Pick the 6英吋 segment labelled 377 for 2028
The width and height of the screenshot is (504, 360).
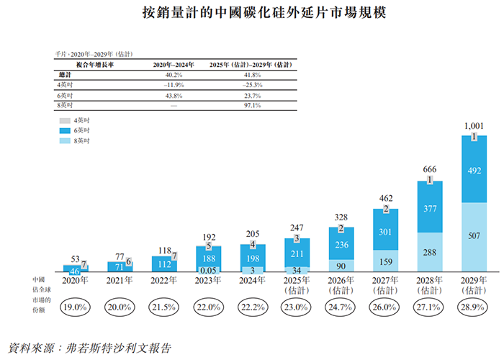click(430, 209)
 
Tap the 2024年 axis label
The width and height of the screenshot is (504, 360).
click(253, 281)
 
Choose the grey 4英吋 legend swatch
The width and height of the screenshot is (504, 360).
click(65, 120)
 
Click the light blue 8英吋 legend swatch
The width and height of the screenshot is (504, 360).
click(65, 141)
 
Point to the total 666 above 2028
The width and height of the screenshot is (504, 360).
click(430, 169)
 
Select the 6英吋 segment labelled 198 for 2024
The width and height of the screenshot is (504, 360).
click(253, 258)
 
